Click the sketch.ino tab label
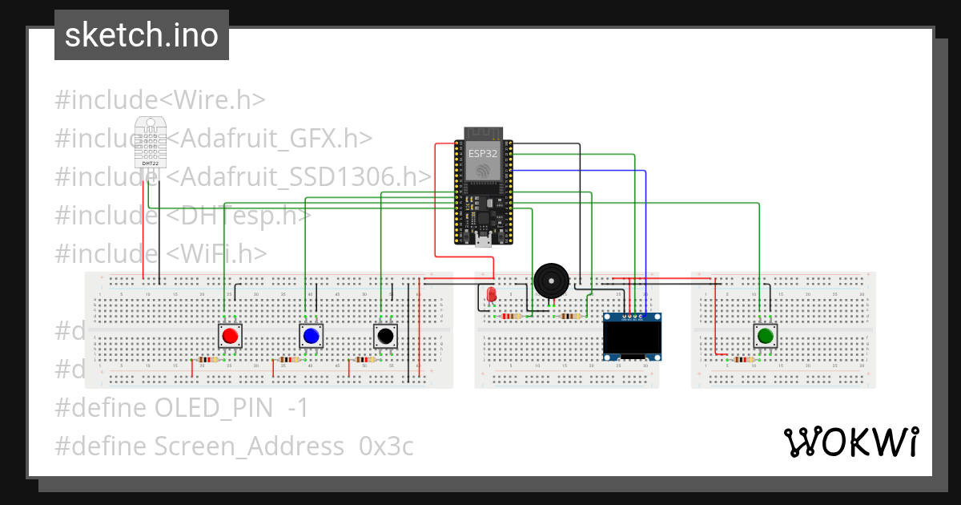click(142, 35)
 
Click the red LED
click(490, 294)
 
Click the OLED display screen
click(632, 339)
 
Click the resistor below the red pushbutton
click(208, 360)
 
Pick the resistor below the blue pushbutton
click(288, 360)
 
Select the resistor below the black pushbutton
click(365, 360)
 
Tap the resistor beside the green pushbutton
click(742, 360)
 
